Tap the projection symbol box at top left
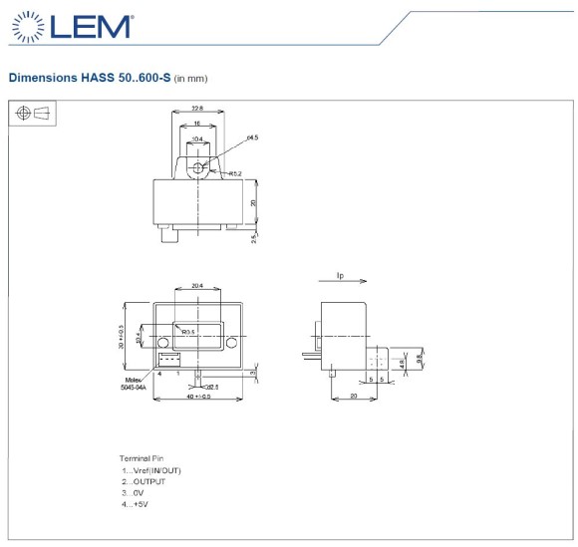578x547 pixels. (33, 115)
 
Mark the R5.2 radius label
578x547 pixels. (236, 173)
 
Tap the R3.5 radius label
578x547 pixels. (187, 331)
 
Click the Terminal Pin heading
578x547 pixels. (143, 458)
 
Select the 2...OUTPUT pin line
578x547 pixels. (144, 481)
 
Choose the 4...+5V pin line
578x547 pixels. (138, 504)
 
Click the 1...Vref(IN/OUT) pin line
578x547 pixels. (151, 470)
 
